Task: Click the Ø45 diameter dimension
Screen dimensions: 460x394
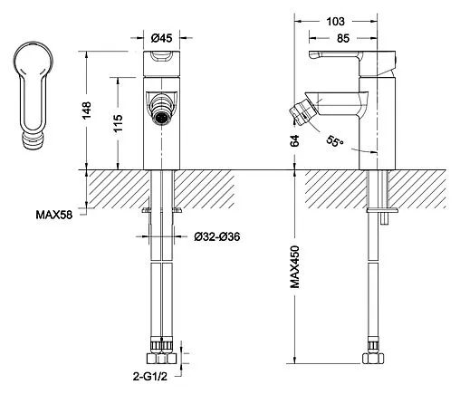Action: click(161, 38)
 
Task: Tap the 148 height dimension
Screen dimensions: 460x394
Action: click(86, 111)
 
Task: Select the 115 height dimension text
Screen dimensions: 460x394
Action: click(118, 123)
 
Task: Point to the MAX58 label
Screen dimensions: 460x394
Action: click(54, 215)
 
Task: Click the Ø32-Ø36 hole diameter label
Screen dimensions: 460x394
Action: click(217, 236)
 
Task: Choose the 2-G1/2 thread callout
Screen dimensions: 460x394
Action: click(149, 377)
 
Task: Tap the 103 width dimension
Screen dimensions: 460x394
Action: click(335, 22)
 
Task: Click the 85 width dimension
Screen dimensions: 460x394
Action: click(343, 38)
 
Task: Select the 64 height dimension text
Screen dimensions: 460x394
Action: click(294, 140)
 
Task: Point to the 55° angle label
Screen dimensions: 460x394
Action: click(335, 140)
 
